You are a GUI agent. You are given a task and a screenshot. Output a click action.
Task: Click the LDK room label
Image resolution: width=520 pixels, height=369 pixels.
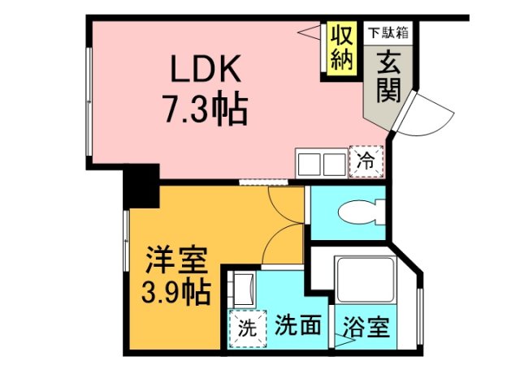[205, 71]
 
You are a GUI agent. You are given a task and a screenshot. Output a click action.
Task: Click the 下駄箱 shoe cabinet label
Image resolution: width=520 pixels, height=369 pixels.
[388, 33]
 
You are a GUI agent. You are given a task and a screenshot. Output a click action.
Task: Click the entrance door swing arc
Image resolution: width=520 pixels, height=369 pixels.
[424, 114]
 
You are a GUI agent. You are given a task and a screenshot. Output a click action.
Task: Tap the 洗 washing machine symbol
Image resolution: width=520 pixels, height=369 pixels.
[245, 328]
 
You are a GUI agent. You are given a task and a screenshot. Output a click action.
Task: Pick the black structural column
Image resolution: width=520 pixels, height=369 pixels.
[141, 186]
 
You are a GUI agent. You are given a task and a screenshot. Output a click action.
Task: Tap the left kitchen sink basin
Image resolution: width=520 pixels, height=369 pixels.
[310, 163]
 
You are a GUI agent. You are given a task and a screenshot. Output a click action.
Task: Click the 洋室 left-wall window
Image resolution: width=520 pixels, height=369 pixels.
[127, 243]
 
